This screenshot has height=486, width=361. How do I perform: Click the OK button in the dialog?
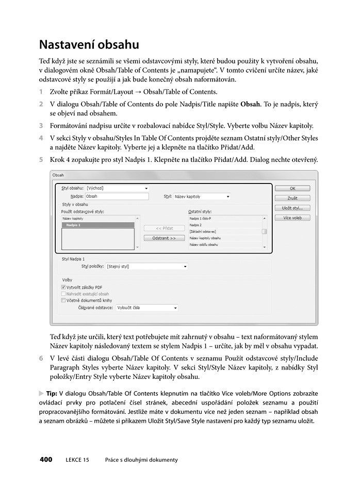292,189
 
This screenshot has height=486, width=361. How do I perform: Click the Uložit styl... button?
292,208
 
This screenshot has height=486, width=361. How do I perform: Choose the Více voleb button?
292,217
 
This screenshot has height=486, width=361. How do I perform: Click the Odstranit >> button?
164,238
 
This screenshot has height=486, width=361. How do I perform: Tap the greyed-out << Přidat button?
164,228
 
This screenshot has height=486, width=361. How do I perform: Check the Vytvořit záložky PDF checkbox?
63,287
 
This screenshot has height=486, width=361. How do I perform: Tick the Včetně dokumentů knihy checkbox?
63,300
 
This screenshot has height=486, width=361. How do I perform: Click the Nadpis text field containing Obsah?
117,196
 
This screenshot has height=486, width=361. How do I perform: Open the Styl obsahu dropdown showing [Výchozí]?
117,188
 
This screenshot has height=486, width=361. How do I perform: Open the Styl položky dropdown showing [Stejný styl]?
146,266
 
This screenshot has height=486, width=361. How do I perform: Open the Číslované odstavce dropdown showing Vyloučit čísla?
146,308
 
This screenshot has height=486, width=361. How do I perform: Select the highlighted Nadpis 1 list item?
98,225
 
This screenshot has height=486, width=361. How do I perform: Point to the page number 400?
46,460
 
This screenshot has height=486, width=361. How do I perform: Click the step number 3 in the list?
41,125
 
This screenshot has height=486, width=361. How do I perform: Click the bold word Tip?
52,393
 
